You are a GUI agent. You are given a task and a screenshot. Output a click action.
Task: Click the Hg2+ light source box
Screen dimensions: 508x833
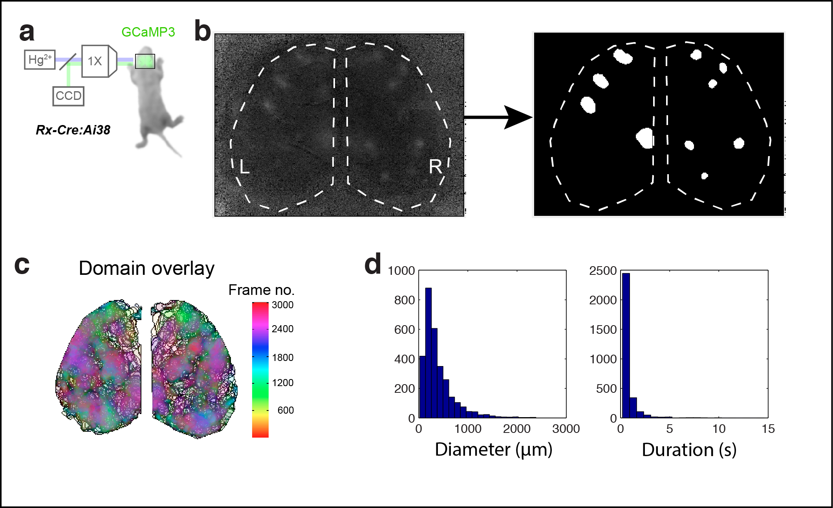tap(40, 60)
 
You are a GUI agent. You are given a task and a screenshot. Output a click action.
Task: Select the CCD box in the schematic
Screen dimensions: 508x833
tap(68, 96)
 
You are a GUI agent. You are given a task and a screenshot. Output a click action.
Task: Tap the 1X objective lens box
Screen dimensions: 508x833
tap(95, 61)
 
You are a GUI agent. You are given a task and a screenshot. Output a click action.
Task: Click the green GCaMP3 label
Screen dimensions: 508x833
tap(148, 32)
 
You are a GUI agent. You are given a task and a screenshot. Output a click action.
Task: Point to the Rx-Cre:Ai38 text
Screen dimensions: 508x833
tap(73, 130)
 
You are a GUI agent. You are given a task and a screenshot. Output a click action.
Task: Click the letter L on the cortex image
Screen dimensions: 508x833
tap(244, 167)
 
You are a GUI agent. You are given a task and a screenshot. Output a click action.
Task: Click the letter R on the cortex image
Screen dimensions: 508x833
tap(435, 167)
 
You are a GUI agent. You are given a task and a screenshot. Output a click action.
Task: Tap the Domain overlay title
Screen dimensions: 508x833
tap(146, 269)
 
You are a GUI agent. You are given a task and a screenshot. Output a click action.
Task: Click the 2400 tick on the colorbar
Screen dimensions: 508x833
tap(282, 329)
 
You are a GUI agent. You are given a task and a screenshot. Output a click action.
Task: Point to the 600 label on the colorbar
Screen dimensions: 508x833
tap(286, 410)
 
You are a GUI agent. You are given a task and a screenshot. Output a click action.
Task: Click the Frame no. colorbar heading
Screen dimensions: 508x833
tap(261, 290)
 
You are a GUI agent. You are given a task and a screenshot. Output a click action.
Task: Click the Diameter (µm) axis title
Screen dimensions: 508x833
tap(494, 449)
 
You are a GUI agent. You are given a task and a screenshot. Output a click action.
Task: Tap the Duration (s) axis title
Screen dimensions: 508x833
tap(689, 450)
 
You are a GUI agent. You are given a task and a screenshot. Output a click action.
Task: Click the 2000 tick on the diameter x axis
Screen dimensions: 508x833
tap(516, 429)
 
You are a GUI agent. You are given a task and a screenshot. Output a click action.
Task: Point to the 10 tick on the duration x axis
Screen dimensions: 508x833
tap(719, 429)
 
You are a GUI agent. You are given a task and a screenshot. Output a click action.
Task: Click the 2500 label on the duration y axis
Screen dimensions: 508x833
tap(603, 271)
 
